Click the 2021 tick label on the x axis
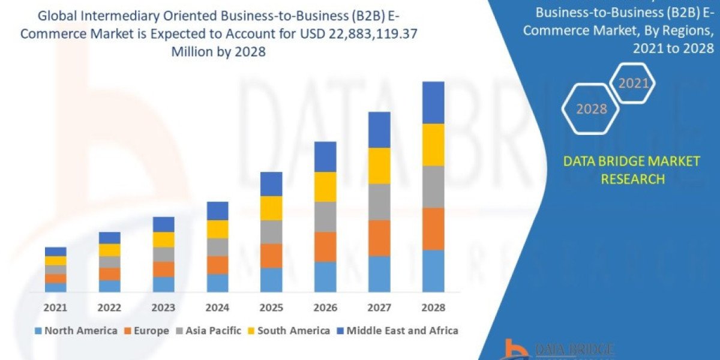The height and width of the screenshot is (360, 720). (x=56, y=307)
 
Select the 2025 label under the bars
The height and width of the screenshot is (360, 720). (x=271, y=307)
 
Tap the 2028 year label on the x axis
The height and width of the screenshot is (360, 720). (x=433, y=307)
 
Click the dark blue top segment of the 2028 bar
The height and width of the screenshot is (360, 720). (x=433, y=103)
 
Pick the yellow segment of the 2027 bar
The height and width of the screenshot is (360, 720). (x=379, y=166)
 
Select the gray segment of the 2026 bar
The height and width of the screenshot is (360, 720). (x=325, y=217)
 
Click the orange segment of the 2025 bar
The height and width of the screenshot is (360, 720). (x=271, y=256)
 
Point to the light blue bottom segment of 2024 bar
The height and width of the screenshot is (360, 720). (x=217, y=283)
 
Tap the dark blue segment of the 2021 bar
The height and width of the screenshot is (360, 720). (x=56, y=251)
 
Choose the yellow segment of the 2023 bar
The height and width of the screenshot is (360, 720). (x=163, y=239)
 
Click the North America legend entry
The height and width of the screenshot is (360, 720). (x=76, y=331)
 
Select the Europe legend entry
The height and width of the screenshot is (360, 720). (x=148, y=331)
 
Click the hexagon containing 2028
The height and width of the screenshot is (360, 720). (x=591, y=109)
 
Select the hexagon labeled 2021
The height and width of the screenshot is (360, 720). (x=633, y=83)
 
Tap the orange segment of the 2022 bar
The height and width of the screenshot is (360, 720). (x=110, y=274)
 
